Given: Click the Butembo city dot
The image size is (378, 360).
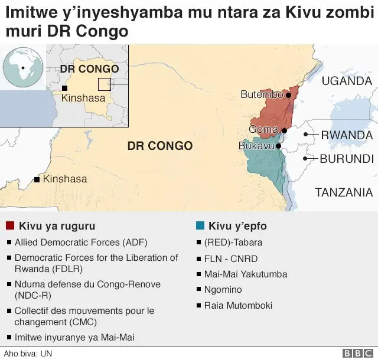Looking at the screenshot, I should (288, 94).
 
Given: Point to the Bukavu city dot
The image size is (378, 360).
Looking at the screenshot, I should (278, 145).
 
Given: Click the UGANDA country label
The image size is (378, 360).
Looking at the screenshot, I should (346, 81).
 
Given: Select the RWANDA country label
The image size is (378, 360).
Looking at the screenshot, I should (347, 135).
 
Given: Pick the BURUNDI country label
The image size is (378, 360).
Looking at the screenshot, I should (347, 158).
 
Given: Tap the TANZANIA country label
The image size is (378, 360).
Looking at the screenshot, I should (344, 192).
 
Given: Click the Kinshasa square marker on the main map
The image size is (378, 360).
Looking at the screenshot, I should (37, 179).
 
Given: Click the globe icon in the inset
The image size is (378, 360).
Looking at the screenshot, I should (22, 68).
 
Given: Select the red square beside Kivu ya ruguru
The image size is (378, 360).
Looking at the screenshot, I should (10, 226).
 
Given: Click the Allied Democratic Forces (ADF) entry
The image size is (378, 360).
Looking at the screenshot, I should (81, 242).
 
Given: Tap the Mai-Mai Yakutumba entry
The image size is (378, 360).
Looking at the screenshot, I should (245, 274).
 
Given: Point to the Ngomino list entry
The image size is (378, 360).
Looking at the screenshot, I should (224, 290).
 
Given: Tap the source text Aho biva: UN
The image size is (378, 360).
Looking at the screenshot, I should (22, 353).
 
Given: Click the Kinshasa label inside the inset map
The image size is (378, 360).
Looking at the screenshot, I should (83, 98).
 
